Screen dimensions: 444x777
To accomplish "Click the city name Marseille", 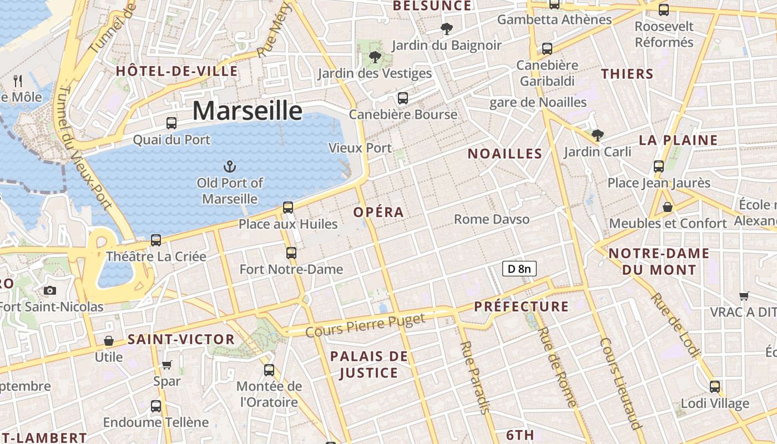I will pyautogui.click(x=248, y=111).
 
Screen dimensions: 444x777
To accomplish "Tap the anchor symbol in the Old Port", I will pyautogui.click(x=229, y=167).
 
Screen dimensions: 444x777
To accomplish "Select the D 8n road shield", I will pyautogui.click(x=519, y=269).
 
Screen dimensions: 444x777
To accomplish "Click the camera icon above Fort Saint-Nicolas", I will pyautogui.click(x=50, y=290).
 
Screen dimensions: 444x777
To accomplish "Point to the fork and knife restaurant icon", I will pyautogui.click(x=18, y=81).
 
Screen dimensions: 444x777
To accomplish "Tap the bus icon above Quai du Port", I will pyautogui.click(x=171, y=123).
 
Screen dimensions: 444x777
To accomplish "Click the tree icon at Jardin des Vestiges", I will pyautogui.click(x=375, y=57).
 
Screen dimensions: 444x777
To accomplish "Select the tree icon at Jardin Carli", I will pyautogui.click(x=597, y=135).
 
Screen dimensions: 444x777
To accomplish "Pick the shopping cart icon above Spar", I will pyautogui.click(x=167, y=365).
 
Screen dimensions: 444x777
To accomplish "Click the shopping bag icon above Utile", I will pyautogui.click(x=109, y=340).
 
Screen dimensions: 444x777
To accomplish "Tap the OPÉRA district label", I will pyautogui.click(x=379, y=212).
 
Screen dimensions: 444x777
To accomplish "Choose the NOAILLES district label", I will pyautogui.click(x=504, y=154).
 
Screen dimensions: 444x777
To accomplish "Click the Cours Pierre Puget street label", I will pyautogui.click(x=365, y=325).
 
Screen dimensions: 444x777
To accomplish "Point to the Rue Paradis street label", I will pyautogui.click(x=476, y=377).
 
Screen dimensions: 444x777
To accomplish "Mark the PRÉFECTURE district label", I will pyautogui.click(x=521, y=306).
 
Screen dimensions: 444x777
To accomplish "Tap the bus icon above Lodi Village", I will pyautogui.click(x=715, y=387).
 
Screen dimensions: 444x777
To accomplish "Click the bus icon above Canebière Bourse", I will pyautogui.click(x=403, y=98).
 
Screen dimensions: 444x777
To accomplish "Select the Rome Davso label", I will pyautogui.click(x=492, y=219).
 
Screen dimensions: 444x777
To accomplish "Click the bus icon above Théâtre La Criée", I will pyautogui.click(x=156, y=240).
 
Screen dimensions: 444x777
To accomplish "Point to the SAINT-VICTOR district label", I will pyautogui.click(x=181, y=339).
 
